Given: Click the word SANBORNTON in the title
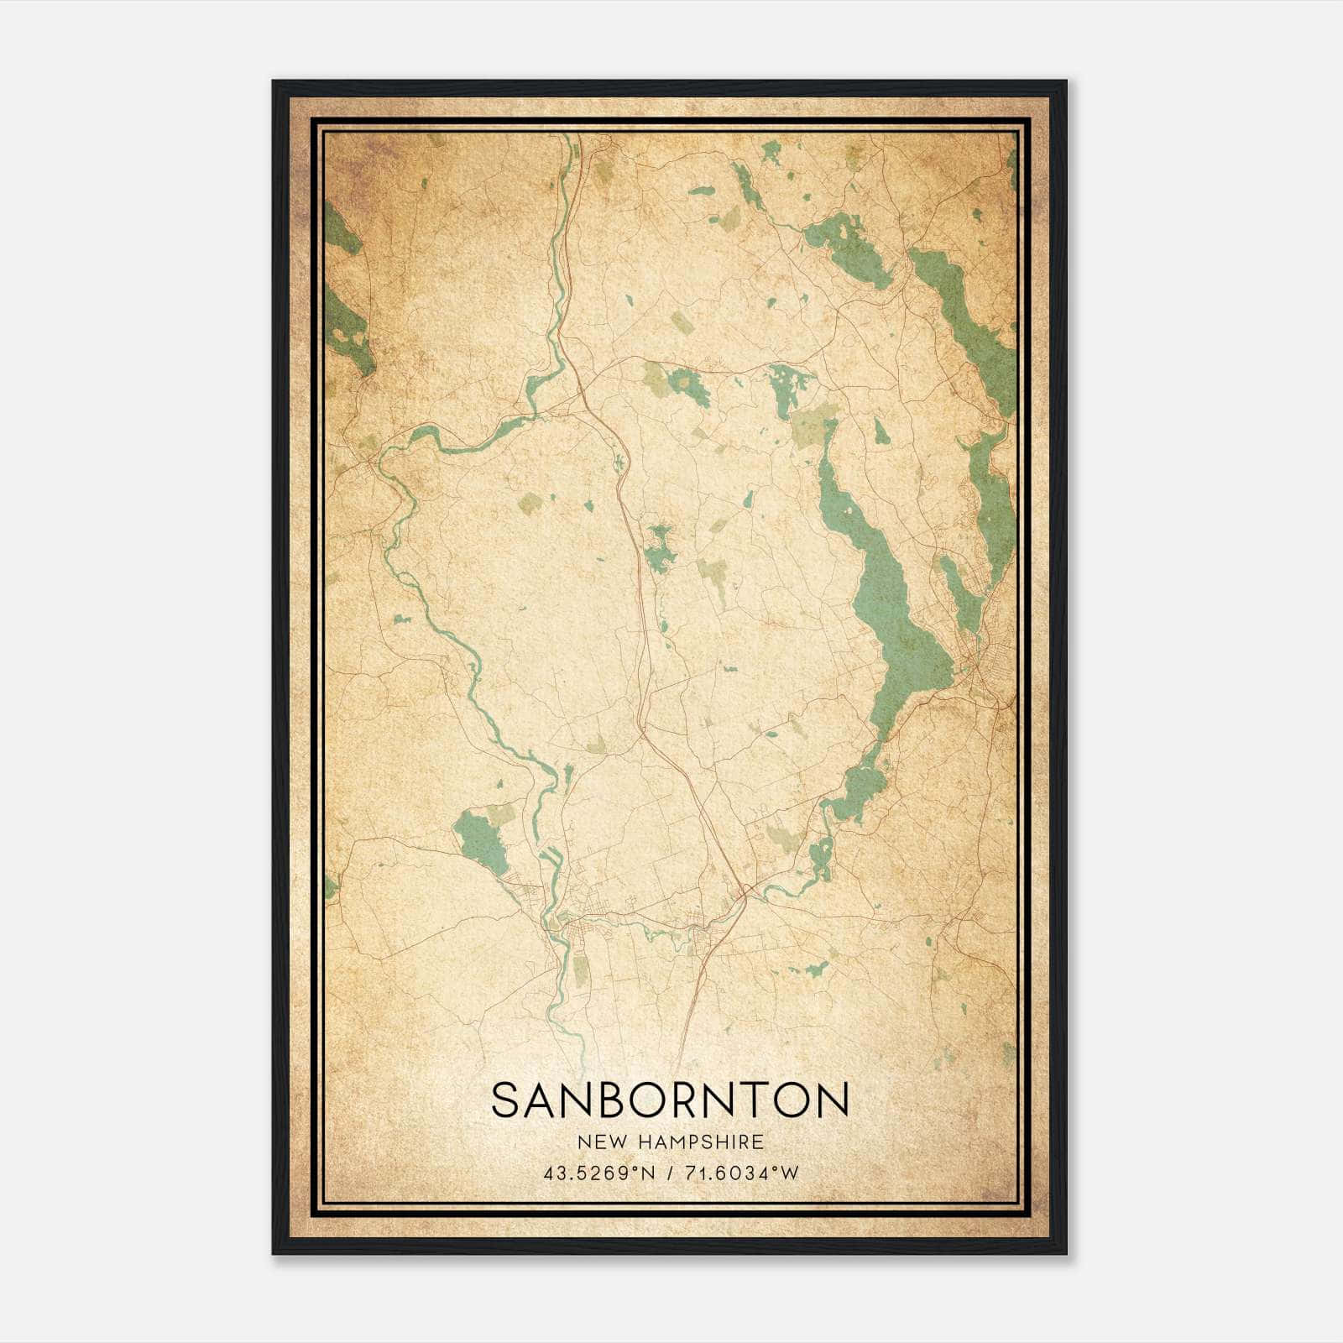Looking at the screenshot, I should coord(670,1100).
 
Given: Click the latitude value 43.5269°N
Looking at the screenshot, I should coord(598,1173).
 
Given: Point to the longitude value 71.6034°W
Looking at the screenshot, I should coord(743,1173).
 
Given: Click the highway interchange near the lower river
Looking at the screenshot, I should coord(741,896).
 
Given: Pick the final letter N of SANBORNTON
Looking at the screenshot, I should coord(833,1100).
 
